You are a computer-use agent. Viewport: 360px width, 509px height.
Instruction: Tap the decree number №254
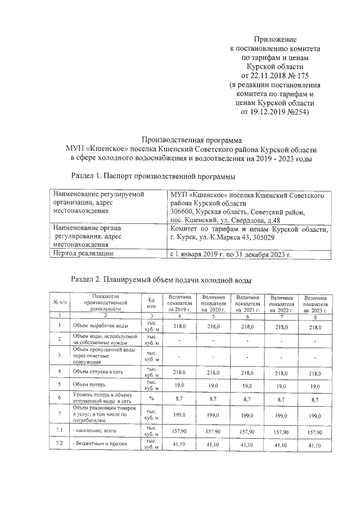[295, 111]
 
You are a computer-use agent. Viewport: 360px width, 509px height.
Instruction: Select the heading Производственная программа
[191, 140]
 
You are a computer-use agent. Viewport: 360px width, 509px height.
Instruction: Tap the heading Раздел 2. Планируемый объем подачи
[160, 279]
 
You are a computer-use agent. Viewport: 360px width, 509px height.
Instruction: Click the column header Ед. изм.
[151, 303]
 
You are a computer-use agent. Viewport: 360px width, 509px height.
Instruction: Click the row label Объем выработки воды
[97, 326]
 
